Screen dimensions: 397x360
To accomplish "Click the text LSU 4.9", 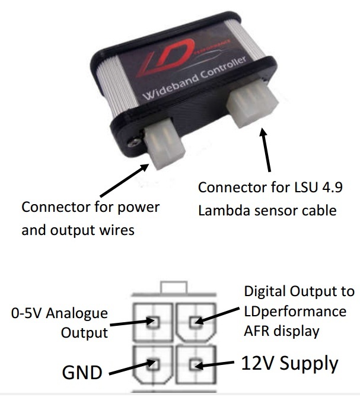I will click(x=313, y=188).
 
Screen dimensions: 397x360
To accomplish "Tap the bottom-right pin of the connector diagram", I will click(x=194, y=363).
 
